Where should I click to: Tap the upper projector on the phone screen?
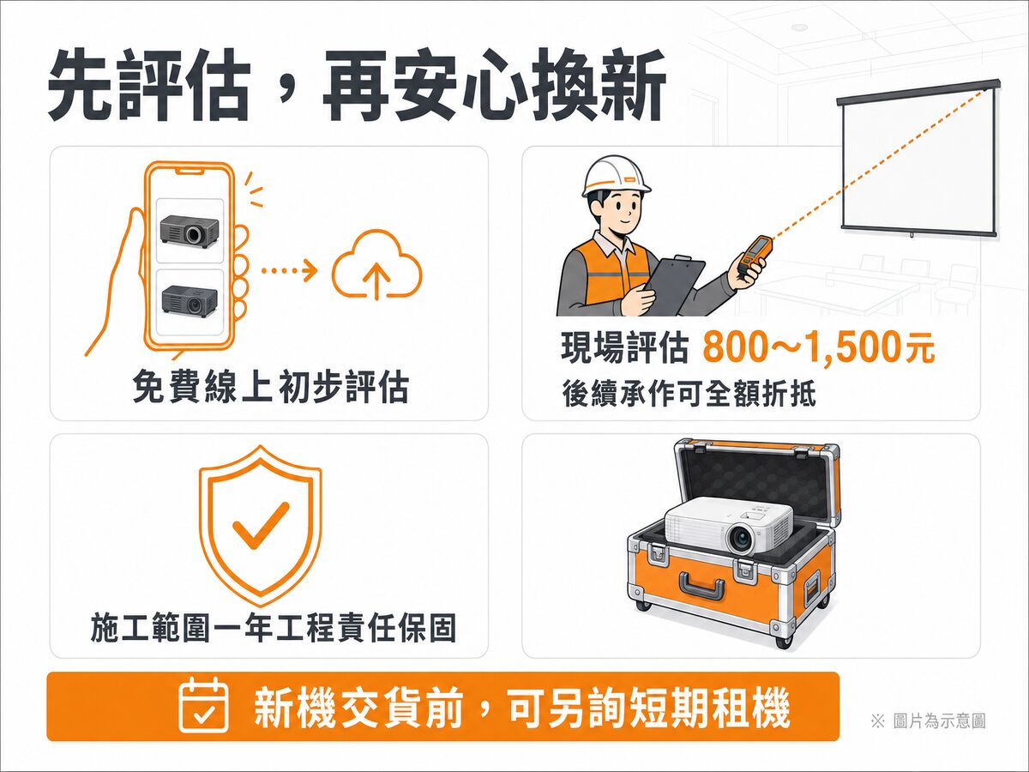coord(190,231)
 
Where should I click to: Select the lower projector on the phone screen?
coord(190,301)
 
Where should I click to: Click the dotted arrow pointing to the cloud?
coord(289,270)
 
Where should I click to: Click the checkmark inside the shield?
coord(261,525)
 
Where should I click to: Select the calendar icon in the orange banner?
coord(203,706)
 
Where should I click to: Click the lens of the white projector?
coord(741,539)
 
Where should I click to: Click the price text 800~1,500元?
coord(819,347)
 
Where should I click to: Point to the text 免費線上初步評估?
coord(270,386)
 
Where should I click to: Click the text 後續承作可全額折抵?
coord(689,393)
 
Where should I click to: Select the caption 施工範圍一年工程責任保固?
coord(273,627)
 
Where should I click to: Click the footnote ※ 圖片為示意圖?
coord(928,721)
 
